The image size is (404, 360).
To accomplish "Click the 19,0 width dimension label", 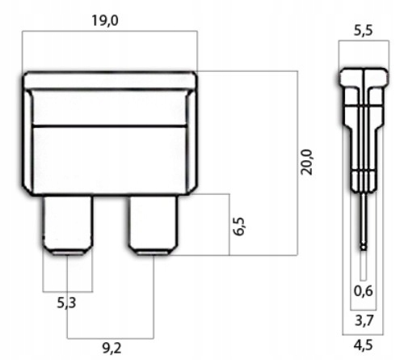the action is (105, 21).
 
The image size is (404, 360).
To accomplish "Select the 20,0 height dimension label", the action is (306, 162).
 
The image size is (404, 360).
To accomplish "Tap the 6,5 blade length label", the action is (238, 226).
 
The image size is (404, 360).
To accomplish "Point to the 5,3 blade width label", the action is (66, 303).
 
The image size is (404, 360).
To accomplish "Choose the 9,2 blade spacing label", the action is (112, 348).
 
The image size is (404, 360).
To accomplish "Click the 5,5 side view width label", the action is (364, 31).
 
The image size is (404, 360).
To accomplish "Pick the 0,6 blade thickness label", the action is (364, 291).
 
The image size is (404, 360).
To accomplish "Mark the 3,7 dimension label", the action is (364, 320).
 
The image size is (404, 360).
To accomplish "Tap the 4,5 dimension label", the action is (364, 345).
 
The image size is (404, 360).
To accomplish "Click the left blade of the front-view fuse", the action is (68, 225).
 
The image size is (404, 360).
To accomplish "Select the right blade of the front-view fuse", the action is (153, 225).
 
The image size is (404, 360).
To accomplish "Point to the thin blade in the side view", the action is (364, 221).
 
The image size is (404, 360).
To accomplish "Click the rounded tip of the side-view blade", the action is (364, 248).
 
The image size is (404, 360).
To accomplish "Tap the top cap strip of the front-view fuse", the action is (110, 80).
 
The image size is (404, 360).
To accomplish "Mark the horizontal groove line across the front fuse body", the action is (110, 126).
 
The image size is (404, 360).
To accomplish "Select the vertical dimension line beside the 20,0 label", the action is (297, 163).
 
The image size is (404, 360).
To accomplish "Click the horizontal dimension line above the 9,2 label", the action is (111, 338).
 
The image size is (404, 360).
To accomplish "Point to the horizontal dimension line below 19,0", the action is (110, 32).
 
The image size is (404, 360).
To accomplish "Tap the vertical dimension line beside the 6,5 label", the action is (229, 224).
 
